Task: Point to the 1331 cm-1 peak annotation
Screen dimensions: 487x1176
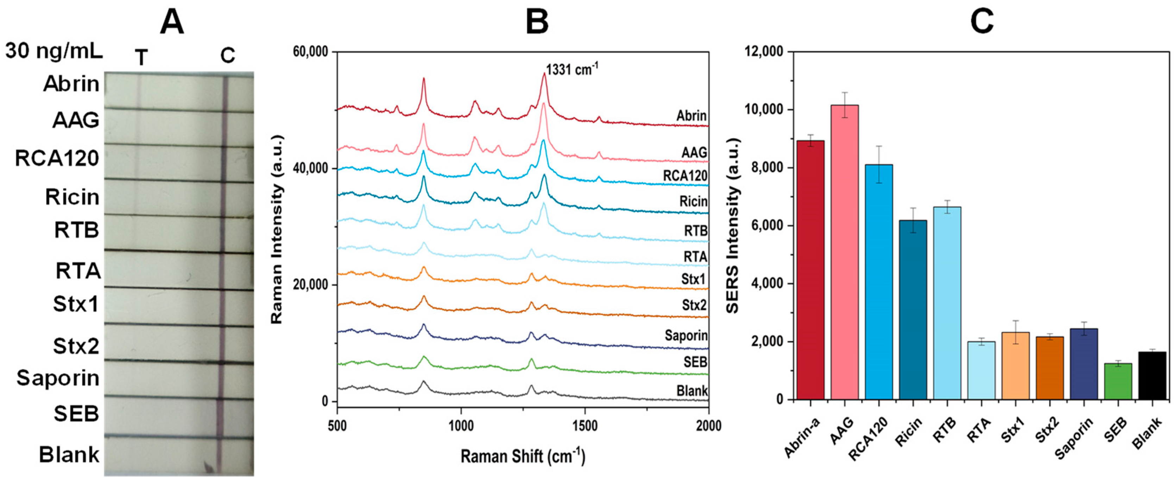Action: coord(571,70)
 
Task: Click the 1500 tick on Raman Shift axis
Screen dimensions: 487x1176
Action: coord(585,426)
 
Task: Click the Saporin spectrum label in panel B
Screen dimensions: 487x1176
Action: coord(686,336)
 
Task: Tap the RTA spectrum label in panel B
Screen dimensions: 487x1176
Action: coord(695,257)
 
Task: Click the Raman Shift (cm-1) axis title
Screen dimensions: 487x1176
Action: coord(522,456)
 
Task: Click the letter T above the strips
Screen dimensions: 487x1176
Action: coord(141,58)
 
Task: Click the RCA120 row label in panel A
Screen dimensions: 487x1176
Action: coord(57,158)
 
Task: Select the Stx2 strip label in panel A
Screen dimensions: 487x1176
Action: coord(76,346)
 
